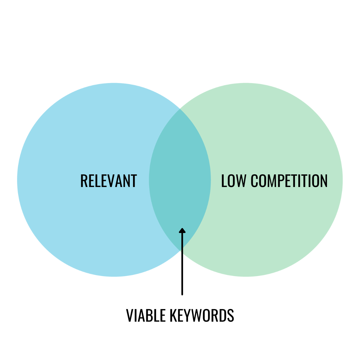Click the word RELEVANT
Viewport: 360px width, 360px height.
[x=109, y=181]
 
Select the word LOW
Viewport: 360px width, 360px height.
[x=234, y=181]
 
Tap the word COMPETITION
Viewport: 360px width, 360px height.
[x=289, y=181]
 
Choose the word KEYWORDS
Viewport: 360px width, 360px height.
[x=202, y=315]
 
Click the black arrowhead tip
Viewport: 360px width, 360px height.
[x=182, y=229]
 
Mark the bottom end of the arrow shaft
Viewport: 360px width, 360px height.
[x=182, y=294]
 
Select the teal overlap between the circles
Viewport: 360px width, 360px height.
[x=180, y=180]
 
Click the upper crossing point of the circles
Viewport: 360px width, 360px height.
[x=180, y=109]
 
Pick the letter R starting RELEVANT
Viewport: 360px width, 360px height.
[x=84, y=181]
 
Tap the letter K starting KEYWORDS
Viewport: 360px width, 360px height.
[x=173, y=315]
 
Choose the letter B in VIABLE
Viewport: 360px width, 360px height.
[x=149, y=315]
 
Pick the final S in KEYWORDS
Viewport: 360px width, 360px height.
[x=230, y=315]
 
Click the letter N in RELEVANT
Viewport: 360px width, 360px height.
[x=126, y=181]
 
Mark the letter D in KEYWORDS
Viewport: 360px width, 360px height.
[x=222, y=315]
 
